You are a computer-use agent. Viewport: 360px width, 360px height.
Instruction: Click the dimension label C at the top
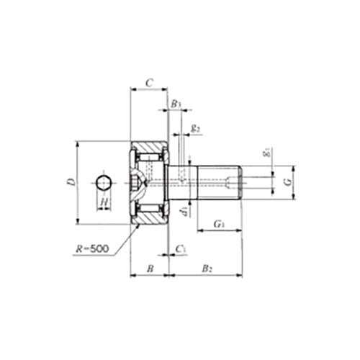[x=148, y=83]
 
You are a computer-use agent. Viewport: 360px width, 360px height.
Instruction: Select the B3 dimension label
[x=176, y=104]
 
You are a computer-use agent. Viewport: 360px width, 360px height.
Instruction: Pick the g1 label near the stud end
[x=266, y=153]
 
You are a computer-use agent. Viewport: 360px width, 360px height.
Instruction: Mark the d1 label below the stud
[x=184, y=210]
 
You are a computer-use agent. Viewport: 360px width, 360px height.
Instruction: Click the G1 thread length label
[x=219, y=225]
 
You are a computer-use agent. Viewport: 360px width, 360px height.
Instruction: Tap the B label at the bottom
[x=149, y=268]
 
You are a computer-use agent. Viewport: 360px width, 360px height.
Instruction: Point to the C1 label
[x=181, y=248]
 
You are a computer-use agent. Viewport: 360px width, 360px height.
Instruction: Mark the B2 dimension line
[x=205, y=274]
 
